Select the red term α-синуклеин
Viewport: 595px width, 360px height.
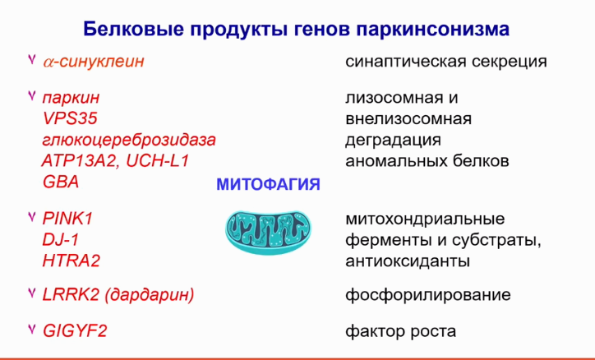94,61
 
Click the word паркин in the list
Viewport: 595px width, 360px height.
71,99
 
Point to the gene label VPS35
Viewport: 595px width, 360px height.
70,118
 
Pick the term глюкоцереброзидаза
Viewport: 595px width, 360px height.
129,141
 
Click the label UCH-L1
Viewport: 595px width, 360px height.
158,161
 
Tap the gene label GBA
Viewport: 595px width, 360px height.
61,182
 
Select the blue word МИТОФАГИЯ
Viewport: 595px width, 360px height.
268,185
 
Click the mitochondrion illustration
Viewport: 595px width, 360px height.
269,232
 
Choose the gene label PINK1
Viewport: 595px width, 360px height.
67,219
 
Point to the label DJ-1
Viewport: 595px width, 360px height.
61,240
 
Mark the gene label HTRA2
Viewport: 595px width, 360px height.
71,261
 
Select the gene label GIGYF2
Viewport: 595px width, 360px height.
75,330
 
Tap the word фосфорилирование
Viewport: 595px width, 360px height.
428,295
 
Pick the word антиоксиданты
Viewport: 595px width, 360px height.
408,261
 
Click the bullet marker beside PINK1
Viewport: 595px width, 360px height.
32,217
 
